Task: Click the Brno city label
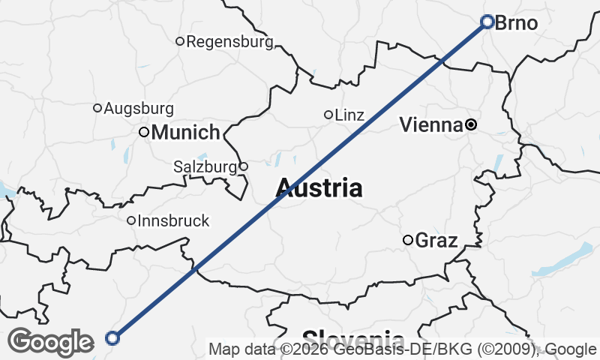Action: click(517, 23)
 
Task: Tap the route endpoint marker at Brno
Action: click(487, 22)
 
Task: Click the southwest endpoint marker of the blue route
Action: click(112, 338)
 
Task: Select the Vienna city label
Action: click(430, 125)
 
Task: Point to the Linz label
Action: click(349, 115)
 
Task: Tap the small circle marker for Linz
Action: click(328, 115)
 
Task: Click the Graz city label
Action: click(436, 241)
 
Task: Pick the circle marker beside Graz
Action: click(408, 240)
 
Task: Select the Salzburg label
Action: click(205, 166)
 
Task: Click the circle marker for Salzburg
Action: click(243, 166)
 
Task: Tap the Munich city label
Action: click(185, 133)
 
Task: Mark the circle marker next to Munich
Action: click(144, 132)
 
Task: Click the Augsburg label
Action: click(139, 109)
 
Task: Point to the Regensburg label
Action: click(229, 42)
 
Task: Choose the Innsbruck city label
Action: click(173, 221)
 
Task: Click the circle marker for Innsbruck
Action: click(131, 220)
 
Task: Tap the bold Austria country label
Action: click(319, 187)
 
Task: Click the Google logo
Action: click(50, 342)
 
